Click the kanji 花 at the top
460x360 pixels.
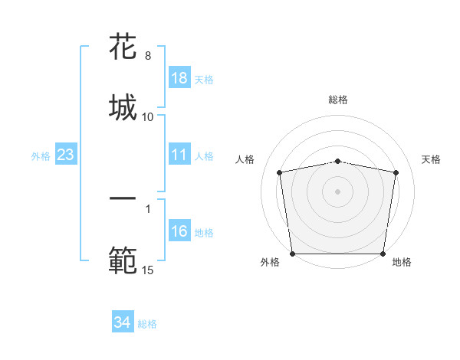pos(123,47)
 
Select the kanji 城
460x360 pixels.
pos(123,106)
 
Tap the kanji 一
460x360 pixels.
pos(123,199)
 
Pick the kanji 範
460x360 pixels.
pos(123,260)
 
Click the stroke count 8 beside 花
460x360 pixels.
pos(147,56)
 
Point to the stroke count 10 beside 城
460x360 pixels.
pos(148,116)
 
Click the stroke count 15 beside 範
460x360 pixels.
pos(148,270)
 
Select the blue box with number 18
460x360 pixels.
pos(179,78)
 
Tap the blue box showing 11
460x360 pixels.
pos(179,155)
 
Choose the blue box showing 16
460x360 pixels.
pos(179,231)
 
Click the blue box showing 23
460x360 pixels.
pos(66,155)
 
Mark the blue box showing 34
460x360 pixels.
pos(122,323)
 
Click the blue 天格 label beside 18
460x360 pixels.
pos(204,79)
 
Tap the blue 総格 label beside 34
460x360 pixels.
pos(147,324)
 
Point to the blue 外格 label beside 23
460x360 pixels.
pos(41,156)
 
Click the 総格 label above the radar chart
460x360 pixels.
pos(338,100)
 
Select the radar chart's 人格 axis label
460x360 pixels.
pos(246,159)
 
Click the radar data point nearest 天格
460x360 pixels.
pos(396,172)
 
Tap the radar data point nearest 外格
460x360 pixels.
pos(292,254)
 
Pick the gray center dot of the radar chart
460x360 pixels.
pos(337,191)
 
